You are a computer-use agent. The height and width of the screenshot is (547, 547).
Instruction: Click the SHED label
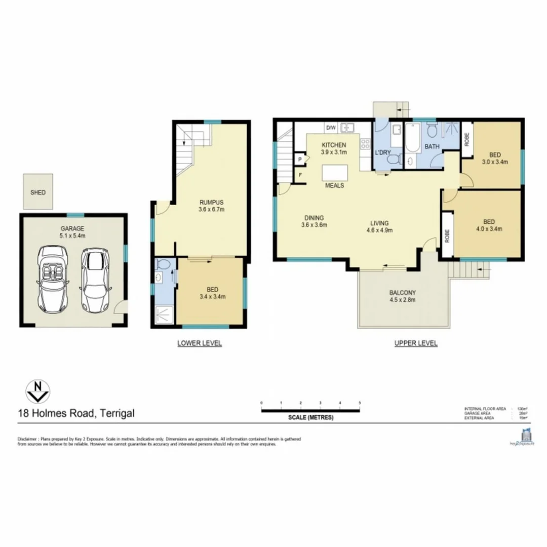pyautogui.click(x=37, y=192)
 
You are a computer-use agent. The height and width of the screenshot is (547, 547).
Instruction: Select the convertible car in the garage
pyautogui.click(x=51, y=279)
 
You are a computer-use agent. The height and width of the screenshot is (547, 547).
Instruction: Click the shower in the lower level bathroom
pyautogui.click(x=164, y=314)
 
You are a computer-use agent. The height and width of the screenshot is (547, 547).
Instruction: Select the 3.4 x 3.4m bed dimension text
pyautogui.click(x=212, y=297)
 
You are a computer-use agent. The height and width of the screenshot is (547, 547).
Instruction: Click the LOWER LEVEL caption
pyautogui.click(x=199, y=343)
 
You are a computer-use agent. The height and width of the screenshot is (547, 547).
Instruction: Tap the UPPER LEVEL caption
pyautogui.click(x=416, y=343)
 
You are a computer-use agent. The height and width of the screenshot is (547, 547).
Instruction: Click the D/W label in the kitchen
pyautogui.click(x=331, y=128)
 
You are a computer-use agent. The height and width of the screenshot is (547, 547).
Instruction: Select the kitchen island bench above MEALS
pyautogui.click(x=335, y=172)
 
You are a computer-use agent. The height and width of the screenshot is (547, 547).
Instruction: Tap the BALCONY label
pyautogui.click(x=402, y=292)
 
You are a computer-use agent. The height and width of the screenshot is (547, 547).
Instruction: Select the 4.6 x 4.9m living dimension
pyautogui.click(x=379, y=229)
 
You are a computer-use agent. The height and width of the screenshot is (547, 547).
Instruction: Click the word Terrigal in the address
pyautogui.click(x=117, y=413)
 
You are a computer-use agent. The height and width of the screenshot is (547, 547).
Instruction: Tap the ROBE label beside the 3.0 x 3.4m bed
pyautogui.click(x=466, y=138)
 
